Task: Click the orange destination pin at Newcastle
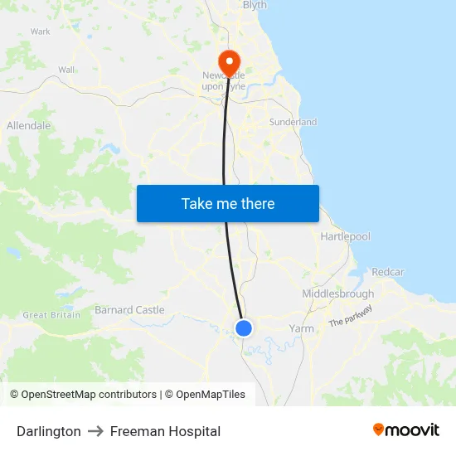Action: pos(228,61)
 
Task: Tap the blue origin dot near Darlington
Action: pos(244,328)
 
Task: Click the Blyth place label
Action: pos(255,5)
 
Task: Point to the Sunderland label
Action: pos(293,122)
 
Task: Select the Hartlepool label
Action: pos(345,236)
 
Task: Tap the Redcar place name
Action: pos(388,272)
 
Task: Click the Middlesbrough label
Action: pos(337,293)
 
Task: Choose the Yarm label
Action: pos(301,328)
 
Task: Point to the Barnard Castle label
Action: pos(130,310)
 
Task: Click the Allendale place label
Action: pos(29,126)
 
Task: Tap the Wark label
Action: pos(41,32)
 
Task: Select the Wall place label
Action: pos(66,70)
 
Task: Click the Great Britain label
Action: pos(51,315)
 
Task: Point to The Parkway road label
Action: pos(350,316)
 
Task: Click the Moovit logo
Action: pos(405,430)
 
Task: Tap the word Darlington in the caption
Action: pos(49,431)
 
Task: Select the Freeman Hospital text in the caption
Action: pos(165,431)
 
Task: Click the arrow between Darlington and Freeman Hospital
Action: pos(95,431)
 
